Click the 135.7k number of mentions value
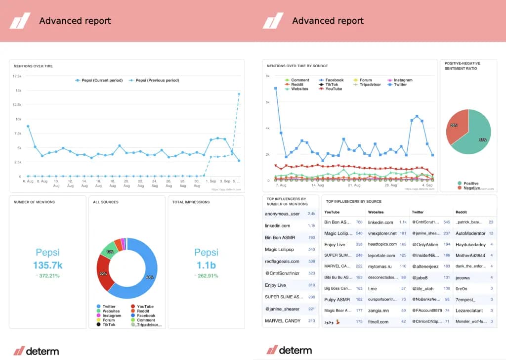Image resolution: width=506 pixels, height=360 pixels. point(47,265)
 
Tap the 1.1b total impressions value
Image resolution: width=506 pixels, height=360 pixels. point(206,265)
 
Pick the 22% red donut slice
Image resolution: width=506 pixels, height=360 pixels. point(104,273)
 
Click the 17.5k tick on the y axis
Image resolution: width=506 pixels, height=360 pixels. point(17,76)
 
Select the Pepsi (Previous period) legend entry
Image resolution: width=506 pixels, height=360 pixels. point(154,80)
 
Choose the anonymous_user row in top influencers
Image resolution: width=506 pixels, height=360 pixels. point(282,214)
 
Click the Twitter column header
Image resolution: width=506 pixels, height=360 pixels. point(418,212)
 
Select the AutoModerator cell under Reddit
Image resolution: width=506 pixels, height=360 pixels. point(470,233)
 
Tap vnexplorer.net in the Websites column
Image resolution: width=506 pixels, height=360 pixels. point(382,233)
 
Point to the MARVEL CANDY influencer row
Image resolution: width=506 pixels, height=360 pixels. point(283,321)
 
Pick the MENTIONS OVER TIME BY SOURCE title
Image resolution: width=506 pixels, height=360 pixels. point(297,66)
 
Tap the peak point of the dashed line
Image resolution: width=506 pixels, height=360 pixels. point(239,94)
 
